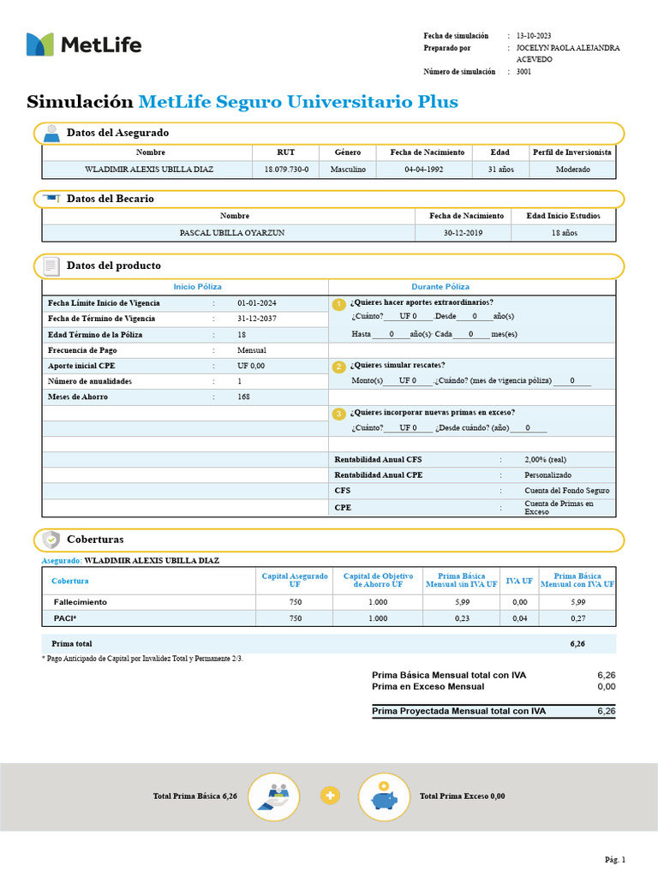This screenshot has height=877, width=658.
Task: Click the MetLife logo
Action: click(x=83, y=45)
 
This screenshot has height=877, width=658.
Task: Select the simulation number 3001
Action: click(x=523, y=73)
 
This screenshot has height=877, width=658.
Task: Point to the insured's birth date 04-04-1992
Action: click(x=423, y=170)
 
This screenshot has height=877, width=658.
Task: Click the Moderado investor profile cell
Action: click(x=572, y=170)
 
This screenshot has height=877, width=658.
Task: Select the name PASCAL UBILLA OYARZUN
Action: click(x=232, y=233)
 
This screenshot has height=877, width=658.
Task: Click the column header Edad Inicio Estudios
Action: click(x=563, y=216)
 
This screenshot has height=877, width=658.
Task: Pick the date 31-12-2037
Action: click(x=257, y=319)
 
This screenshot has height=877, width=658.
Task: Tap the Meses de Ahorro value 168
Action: click(x=244, y=397)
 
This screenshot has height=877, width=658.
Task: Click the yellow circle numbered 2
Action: click(x=339, y=367)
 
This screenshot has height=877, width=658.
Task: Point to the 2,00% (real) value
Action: click(x=545, y=460)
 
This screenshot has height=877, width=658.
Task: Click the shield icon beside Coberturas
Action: click(x=51, y=540)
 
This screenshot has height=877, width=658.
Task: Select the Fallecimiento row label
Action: click(x=80, y=603)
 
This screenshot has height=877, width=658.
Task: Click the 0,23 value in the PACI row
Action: click(x=461, y=618)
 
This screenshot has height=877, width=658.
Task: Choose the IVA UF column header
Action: click(x=519, y=581)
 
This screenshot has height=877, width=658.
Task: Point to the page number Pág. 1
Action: click(x=615, y=859)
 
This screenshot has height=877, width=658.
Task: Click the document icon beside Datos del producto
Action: click(x=51, y=266)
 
